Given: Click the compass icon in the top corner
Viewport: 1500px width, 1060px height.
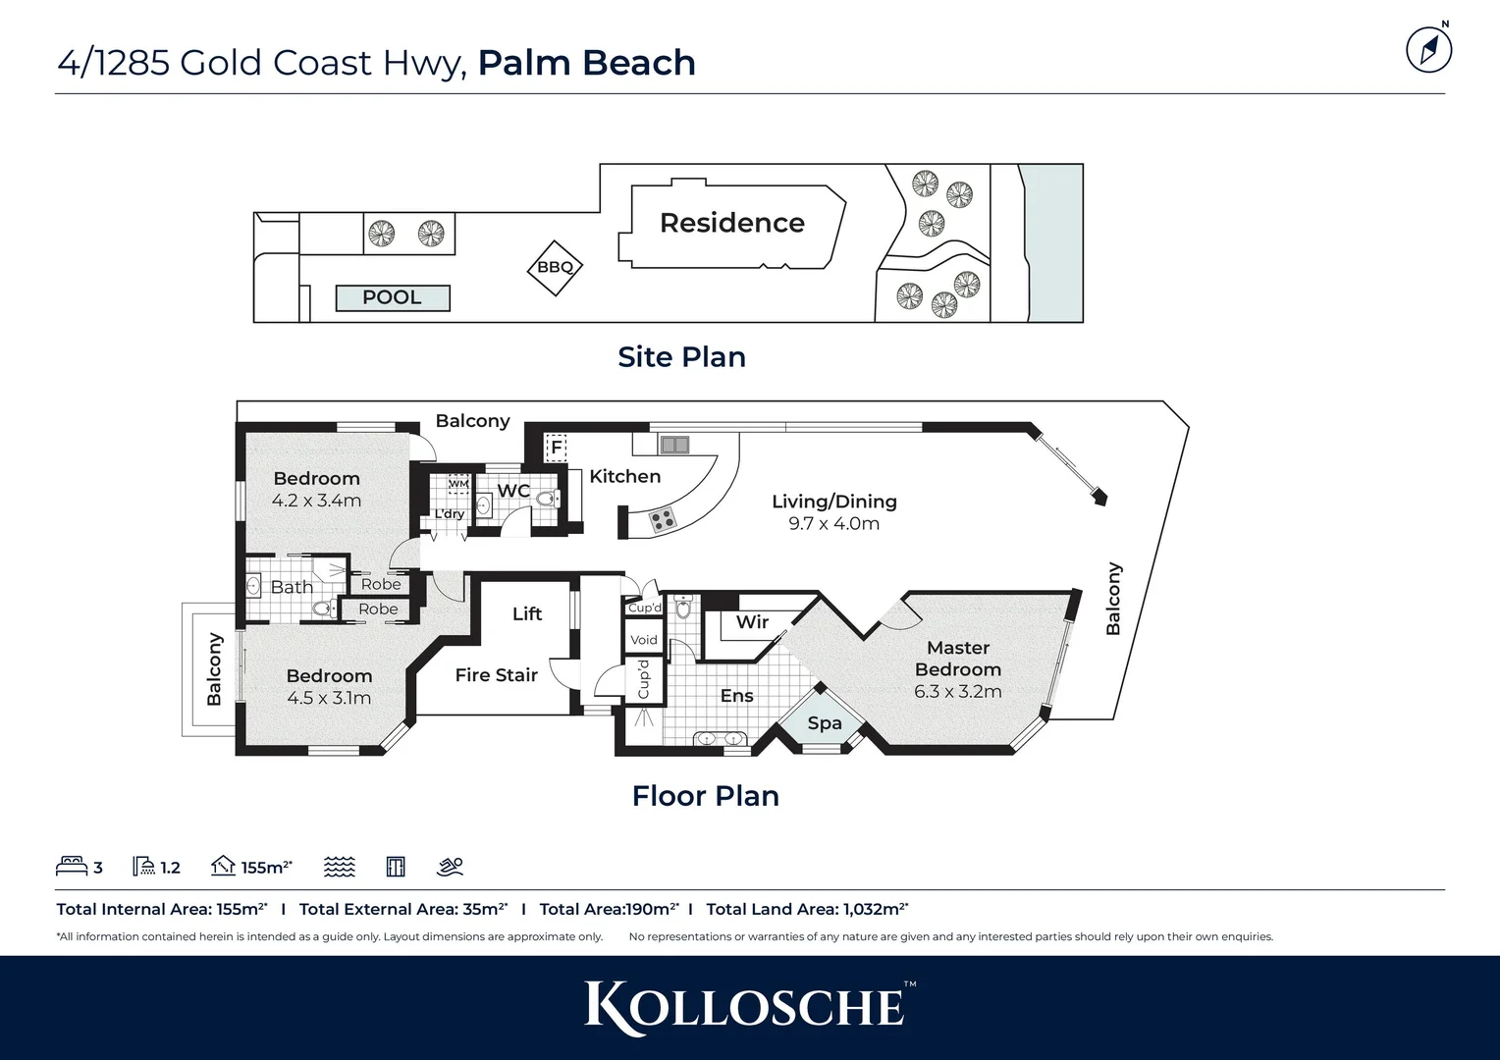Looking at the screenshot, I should [x=1428, y=50].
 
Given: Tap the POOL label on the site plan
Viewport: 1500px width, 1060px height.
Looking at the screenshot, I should [x=392, y=297].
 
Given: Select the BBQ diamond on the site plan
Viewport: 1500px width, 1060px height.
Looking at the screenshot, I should [x=555, y=267].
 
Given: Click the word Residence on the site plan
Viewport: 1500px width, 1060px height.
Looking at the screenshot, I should [x=731, y=223].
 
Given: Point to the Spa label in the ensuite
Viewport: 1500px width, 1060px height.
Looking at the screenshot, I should [x=824, y=723].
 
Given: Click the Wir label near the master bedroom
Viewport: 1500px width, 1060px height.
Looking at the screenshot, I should [x=752, y=621].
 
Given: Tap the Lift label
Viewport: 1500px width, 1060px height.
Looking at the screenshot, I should [x=526, y=613].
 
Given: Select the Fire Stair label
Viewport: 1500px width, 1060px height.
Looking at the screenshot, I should [x=496, y=675].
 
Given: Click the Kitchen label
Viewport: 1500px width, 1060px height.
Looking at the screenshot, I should [x=624, y=476].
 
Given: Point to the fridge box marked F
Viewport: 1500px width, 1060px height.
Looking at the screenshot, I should [x=556, y=448].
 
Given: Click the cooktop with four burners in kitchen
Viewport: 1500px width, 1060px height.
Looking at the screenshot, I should [x=663, y=519].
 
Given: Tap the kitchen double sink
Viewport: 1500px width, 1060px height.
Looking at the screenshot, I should [x=674, y=446].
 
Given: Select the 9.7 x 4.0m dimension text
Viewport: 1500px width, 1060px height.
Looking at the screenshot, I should [x=833, y=524].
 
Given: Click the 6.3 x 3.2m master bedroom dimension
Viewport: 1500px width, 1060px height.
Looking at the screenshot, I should [x=957, y=691].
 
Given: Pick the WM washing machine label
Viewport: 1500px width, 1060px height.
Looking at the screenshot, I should [x=458, y=484].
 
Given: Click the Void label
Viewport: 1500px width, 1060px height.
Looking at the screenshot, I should [x=644, y=640].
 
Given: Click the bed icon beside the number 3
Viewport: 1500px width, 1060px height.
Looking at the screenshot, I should [x=72, y=866].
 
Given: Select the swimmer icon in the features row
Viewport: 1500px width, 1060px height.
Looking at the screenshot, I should [x=450, y=866].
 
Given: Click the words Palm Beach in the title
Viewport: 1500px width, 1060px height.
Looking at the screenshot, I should [x=586, y=63].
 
